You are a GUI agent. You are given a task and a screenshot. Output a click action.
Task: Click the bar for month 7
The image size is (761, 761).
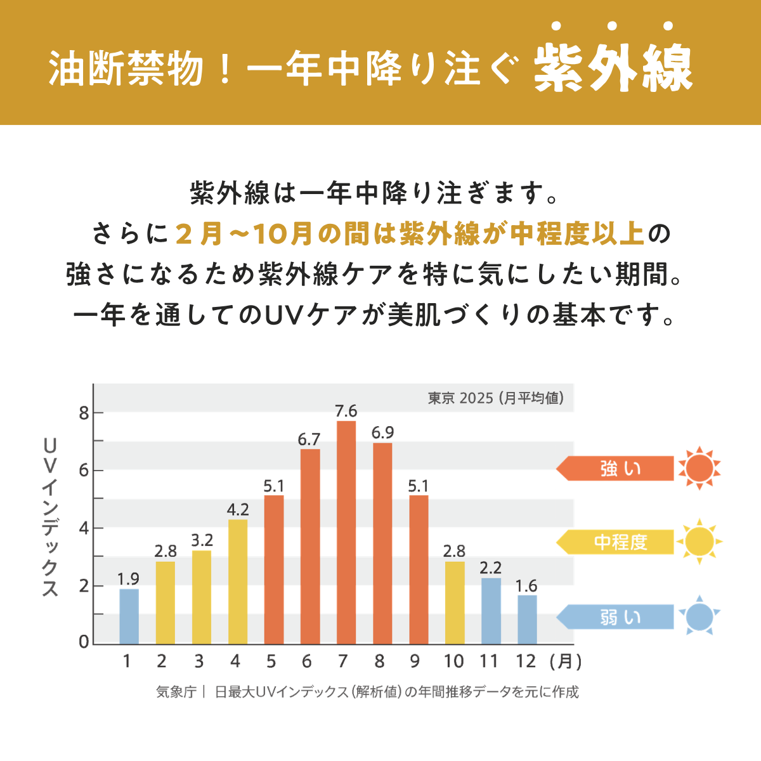(x=346, y=533)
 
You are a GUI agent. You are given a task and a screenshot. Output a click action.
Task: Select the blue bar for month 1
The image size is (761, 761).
(x=129, y=616)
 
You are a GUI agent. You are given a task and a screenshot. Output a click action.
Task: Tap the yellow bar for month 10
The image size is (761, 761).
(x=454, y=602)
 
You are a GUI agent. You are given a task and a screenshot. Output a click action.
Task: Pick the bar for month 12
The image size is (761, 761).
(x=527, y=620)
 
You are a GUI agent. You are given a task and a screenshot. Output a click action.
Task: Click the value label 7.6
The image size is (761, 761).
(x=346, y=411)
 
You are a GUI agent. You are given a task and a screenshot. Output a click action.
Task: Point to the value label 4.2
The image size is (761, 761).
(x=238, y=510)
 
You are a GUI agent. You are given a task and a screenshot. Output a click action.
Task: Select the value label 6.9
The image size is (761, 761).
(x=382, y=433)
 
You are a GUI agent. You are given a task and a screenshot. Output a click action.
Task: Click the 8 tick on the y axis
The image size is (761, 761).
(x=83, y=413)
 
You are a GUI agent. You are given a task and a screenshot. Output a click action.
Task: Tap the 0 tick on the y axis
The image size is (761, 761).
(x=84, y=642)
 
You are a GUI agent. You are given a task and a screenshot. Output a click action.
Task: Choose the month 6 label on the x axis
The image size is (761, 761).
(x=307, y=661)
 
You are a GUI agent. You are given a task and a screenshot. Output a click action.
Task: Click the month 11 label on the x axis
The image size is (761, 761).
(x=489, y=661)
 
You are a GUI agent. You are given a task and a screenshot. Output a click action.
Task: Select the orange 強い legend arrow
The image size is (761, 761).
(x=615, y=469)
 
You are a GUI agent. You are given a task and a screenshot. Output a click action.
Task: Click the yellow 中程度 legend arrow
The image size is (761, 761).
(x=615, y=542)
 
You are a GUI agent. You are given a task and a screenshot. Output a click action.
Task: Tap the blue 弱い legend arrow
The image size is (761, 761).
(x=615, y=617)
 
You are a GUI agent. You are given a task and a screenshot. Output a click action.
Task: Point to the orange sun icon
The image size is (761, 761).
(x=699, y=469)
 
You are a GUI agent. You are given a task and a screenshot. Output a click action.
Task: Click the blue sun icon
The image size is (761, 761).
(x=699, y=616)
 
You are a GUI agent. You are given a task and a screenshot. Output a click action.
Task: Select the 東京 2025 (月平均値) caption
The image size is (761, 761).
(x=495, y=398)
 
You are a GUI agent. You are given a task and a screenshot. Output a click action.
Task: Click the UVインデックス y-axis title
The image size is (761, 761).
(x=51, y=517)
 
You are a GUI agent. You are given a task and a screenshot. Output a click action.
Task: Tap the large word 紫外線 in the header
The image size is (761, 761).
(x=613, y=68)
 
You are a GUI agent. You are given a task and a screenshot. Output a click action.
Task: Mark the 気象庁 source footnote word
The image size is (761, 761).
(x=176, y=692)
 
